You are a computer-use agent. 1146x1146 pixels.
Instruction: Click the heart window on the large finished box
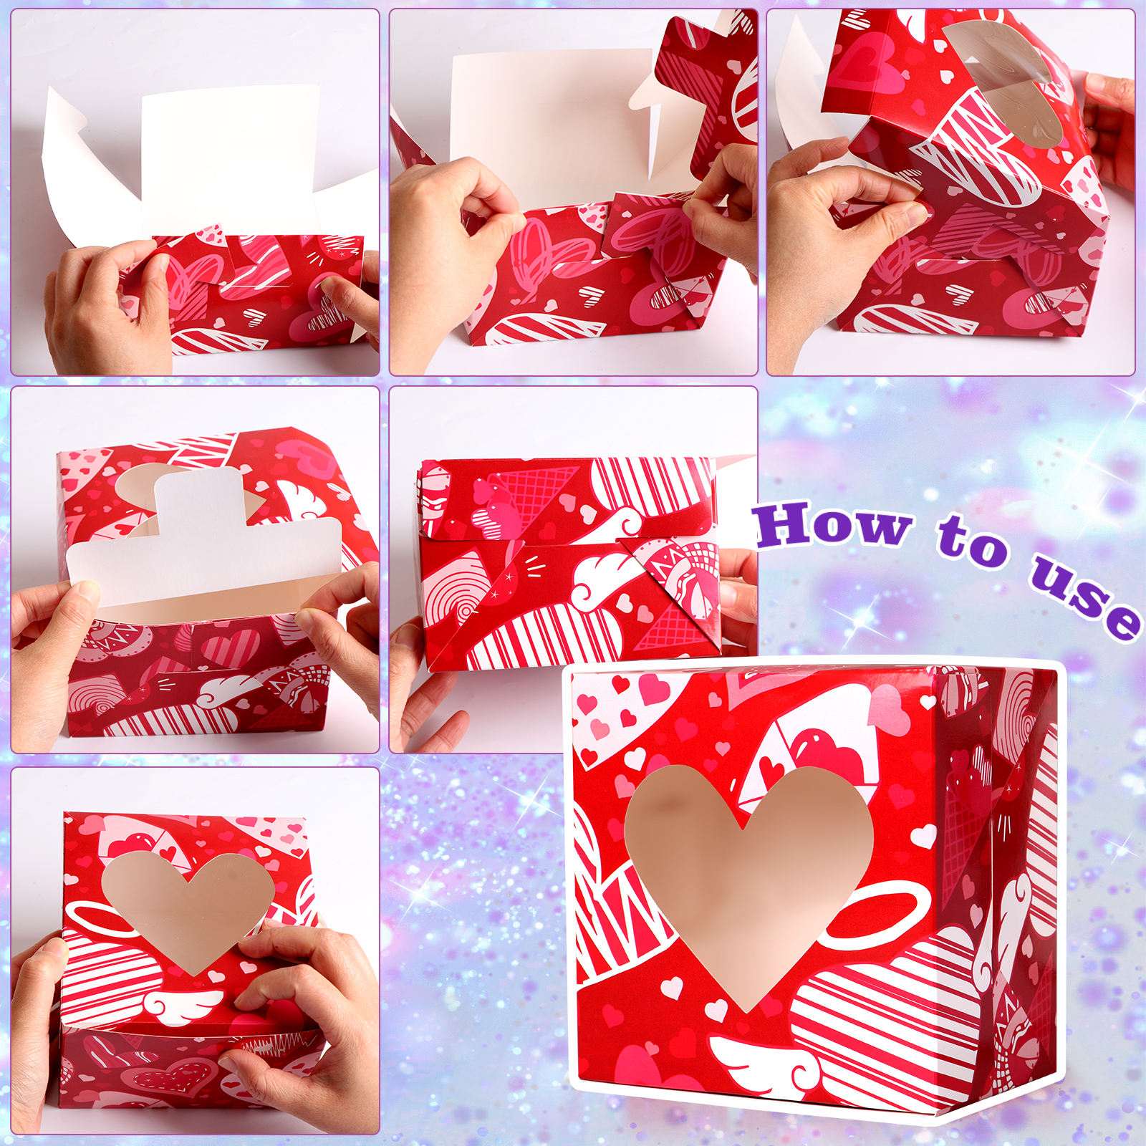coord(748,874)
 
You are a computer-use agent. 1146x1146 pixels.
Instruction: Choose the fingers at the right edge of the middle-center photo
coord(738,594)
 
